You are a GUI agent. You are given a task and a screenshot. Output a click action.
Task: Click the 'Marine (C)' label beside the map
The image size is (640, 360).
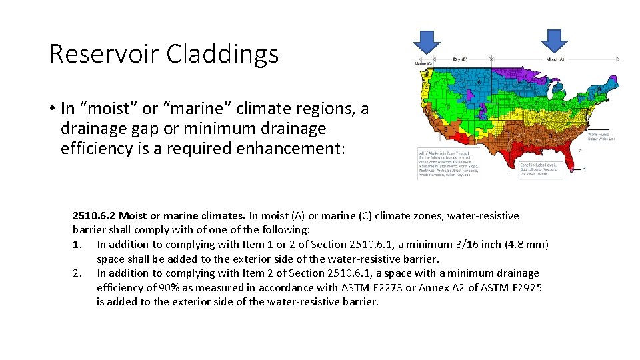click(423, 64)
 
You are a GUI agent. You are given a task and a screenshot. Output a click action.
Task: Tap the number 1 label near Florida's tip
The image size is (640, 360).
click(585, 169)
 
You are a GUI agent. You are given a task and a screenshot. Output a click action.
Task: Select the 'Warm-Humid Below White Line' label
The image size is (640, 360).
click(601, 135)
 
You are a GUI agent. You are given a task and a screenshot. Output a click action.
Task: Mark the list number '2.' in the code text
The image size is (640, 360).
click(77, 273)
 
